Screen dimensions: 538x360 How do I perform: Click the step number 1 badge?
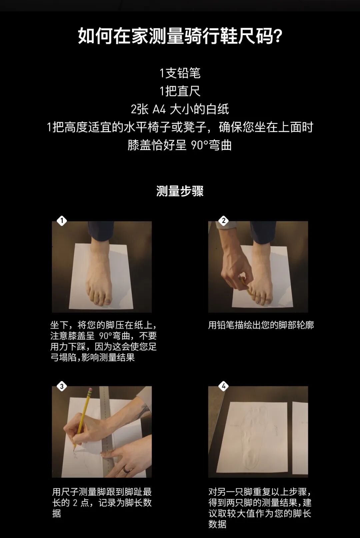click(x=62, y=221)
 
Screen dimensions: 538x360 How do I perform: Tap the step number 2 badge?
click(x=223, y=221)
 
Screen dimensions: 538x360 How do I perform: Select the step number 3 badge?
click(x=62, y=386)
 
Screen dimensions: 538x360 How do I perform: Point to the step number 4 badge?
click(x=223, y=386)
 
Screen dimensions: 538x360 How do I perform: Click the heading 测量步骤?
click(x=180, y=191)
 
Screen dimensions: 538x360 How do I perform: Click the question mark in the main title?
click(x=278, y=36)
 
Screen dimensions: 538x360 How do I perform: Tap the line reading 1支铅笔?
click(x=180, y=73)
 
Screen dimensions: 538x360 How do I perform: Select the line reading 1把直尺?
click(x=180, y=91)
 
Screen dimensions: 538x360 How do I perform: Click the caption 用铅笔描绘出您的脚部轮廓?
click(x=261, y=325)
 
